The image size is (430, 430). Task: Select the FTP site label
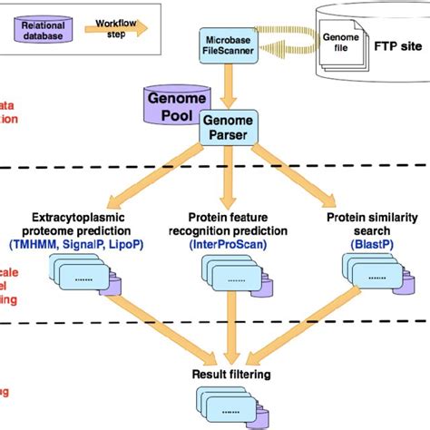pyautogui.click(x=396, y=42)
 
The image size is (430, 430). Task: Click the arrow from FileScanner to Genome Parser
pyautogui.click(x=228, y=86)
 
